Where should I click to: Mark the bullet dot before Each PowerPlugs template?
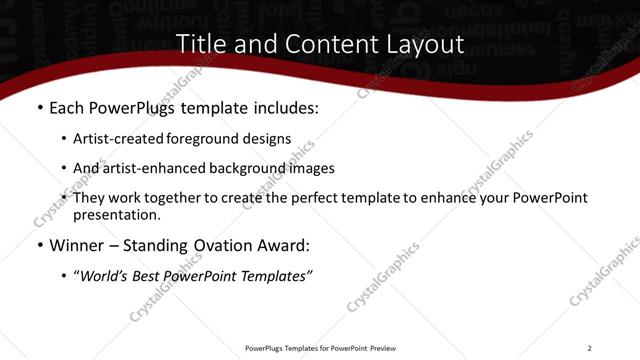[x=39, y=108]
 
